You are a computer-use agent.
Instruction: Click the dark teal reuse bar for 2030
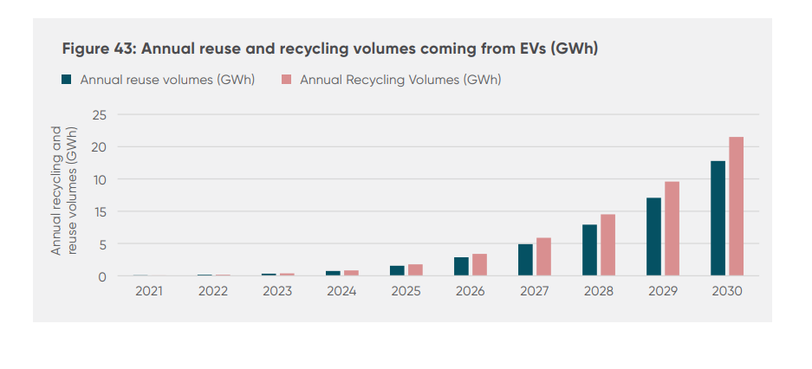click(718, 218)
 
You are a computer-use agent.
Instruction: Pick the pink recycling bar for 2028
click(607, 245)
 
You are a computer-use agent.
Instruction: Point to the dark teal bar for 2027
click(525, 260)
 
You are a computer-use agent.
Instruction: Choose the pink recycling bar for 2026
click(479, 265)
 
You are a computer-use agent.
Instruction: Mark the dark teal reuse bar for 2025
click(397, 270)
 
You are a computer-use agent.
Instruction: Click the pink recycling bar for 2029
click(672, 229)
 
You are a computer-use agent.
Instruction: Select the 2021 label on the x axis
click(149, 292)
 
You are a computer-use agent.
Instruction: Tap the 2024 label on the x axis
click(341, 292)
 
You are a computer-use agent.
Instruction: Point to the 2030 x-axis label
click(726, 292)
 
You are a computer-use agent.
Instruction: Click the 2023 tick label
click(277, 292)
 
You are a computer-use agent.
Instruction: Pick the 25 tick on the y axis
click(100, 114)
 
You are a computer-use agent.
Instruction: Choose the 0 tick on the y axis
click(103, 277)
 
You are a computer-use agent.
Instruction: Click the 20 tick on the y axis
click(100, 147)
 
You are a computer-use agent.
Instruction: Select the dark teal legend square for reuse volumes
click(66, 80)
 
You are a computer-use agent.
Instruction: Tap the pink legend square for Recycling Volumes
click(286, 80)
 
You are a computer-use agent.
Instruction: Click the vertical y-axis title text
click(64, 191)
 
